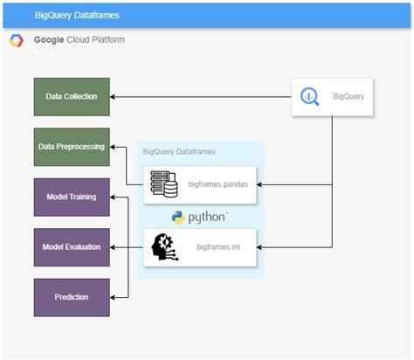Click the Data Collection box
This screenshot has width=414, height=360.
[x=72, y=96]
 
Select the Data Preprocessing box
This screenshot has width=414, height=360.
[x=72, y=147]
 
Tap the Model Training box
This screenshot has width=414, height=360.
[x=72, y=197]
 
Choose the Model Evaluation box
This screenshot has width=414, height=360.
[x=72, y=247]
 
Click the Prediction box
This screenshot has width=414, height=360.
[x=72, y=297]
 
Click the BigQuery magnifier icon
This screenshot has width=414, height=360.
[x=310, y=96]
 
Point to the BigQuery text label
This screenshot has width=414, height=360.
[x=348, y=96]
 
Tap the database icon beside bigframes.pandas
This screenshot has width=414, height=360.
[x=163, y=184]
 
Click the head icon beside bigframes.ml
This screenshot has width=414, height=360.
[x=163, y=247]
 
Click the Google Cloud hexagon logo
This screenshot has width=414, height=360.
[x=16, y=40]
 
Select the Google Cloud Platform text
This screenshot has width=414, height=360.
[x=78, y=40]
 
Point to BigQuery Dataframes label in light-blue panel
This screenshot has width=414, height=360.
[x=179, y=151]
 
